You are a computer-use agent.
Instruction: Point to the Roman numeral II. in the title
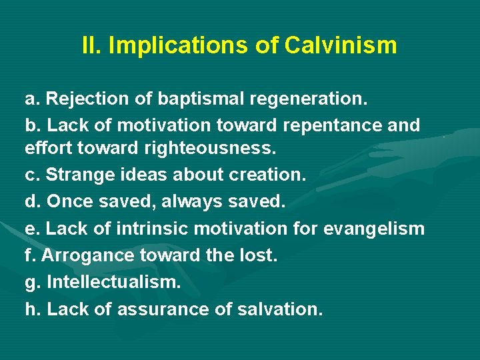(91, 46)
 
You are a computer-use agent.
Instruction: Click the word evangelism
(374, 229)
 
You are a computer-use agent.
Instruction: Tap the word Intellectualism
(113, 281)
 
